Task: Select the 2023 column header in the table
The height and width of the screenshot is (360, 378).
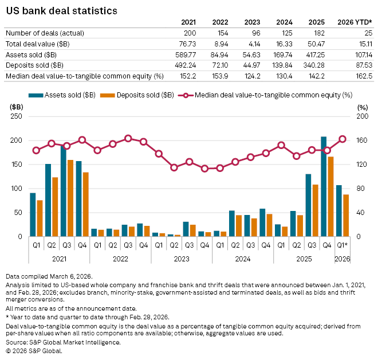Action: pos(253,22)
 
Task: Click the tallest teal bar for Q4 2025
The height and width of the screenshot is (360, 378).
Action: pos(324,186)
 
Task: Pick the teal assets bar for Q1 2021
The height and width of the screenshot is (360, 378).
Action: pos(33,214)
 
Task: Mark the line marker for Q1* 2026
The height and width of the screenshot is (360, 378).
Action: pos(342,139)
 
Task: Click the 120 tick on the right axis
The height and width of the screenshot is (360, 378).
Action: pos(361,165)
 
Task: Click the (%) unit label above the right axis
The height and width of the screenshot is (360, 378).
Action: pos(361,107)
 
